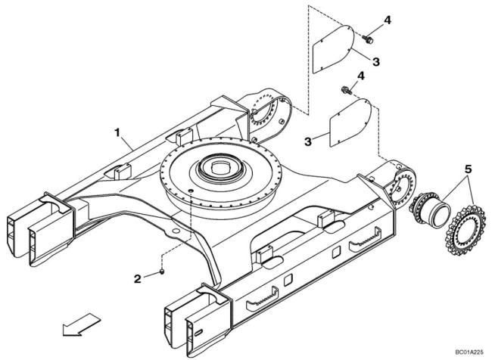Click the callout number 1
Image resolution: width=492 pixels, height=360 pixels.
pos(117,132)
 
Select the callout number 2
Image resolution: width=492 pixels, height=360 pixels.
pos(138,278)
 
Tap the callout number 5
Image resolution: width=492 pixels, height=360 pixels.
pos(468,169)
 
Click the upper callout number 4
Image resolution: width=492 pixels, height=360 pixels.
pos(388,20)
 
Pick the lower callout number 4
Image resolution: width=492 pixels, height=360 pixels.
pos(362,76)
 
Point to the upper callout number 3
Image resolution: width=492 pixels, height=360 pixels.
pos(376,61)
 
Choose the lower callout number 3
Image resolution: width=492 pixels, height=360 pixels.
pos(308,141)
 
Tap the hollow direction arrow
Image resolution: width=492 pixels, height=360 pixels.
pos(82,324)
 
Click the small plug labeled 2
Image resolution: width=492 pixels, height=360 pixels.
pos(162,271)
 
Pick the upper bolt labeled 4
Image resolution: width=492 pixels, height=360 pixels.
pos(368,39)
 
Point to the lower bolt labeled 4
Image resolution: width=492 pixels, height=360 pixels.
pos(345,90)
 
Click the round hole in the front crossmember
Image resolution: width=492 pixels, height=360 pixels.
pos(176,231)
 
